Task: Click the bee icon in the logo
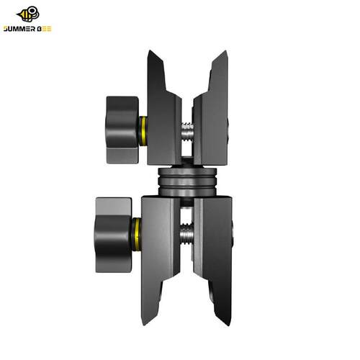pyautogui.click(x=28, y=14)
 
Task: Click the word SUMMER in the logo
pyautogui.click(x=19, y=29)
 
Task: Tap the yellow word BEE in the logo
pyautogui.click(x=45, y=29)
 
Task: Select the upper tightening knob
pyautogui.click(x=122, y=130)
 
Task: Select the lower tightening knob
pyautogui.click(x=114, y=235)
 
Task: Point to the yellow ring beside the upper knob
pyautogui.click(x=143, y=131)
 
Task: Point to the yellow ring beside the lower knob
pyautogui.click(x=137, y=235)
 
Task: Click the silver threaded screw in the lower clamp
pyautogui.click(x=186, y=234)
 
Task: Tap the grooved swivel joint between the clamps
pyautogui.click(x=187, y=181)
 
